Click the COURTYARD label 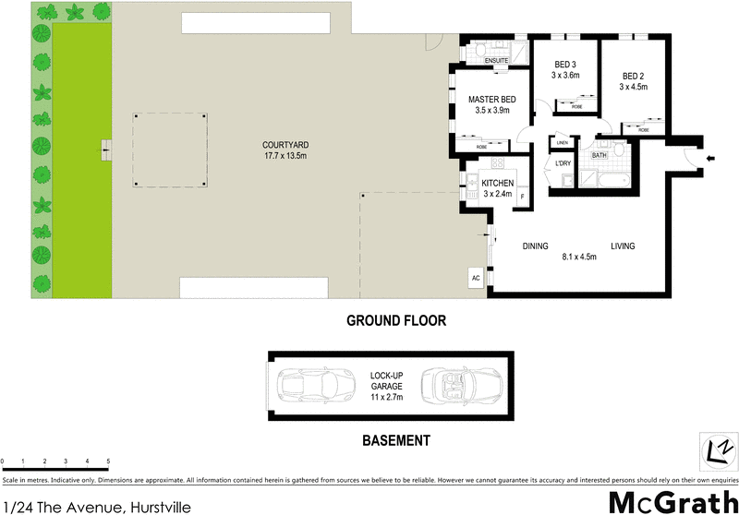(285, 145)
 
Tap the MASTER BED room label (491, 99)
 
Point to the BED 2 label (633, 76)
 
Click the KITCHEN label (497, 184)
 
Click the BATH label (599, 155)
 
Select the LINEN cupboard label (562, 143)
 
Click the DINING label (536, 246)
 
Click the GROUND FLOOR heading (396, 321)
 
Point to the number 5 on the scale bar (108, 461)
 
